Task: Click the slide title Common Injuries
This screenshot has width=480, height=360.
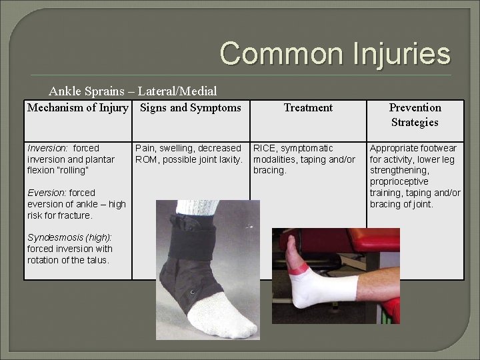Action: [335, 53]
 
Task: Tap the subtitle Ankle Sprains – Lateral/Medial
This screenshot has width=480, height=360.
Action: [133, 91]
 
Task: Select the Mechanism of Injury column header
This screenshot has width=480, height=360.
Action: [77, 107]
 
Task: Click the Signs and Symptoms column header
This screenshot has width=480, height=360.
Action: [191, 107]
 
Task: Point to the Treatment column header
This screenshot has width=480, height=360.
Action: [308, 107]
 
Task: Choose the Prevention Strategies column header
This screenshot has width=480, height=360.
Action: [415, 115]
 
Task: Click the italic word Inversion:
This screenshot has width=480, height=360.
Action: [47, 148]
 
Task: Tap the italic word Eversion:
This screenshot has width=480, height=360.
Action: [47, 193]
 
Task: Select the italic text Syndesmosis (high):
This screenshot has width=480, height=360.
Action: [69, 238]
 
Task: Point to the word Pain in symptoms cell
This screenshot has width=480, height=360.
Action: [145, 148]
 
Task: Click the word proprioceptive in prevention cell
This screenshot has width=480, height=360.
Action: [399, 182]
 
